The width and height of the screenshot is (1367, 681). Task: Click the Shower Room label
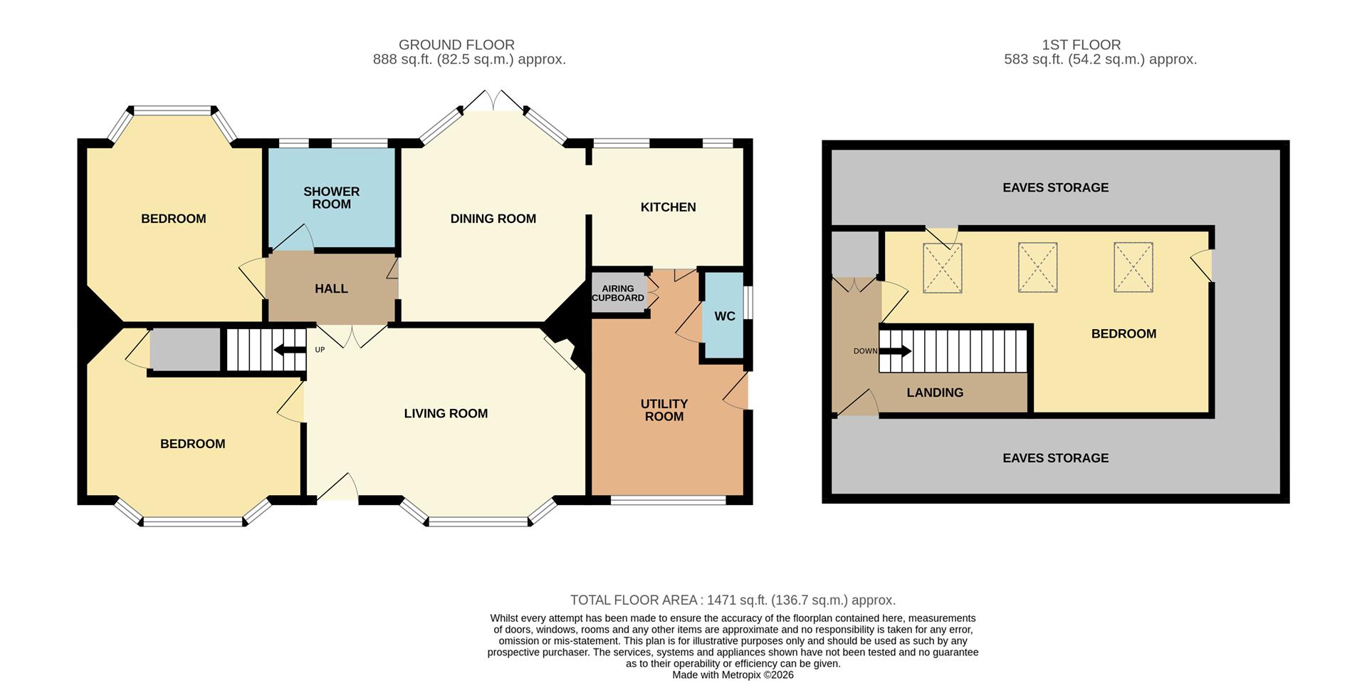(331, 197)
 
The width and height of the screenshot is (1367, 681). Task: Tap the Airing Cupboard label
(618, 293)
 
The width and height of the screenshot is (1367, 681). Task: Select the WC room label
(724, 316)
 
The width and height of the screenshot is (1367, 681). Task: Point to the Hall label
(331, 288)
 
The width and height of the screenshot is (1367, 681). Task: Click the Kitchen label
(668, 207)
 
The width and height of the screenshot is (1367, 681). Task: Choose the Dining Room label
(493, 219)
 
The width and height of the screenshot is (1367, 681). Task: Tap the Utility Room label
(664, 410)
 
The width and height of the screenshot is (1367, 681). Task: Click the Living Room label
(446, 413)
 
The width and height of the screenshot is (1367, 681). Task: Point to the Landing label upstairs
(934, 393)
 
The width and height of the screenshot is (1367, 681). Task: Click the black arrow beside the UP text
(289, 349)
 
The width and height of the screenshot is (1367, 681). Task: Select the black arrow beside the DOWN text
(896, 350)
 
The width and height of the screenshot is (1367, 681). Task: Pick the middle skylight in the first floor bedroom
(1037, 267)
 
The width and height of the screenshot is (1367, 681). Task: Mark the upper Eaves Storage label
(1055, 187)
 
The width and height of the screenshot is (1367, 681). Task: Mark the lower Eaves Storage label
(1055, 458)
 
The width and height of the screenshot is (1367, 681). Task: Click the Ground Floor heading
(456, 44)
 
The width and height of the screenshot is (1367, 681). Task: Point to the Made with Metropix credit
(733, 675)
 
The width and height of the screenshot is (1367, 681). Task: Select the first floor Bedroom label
(1124, 333)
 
